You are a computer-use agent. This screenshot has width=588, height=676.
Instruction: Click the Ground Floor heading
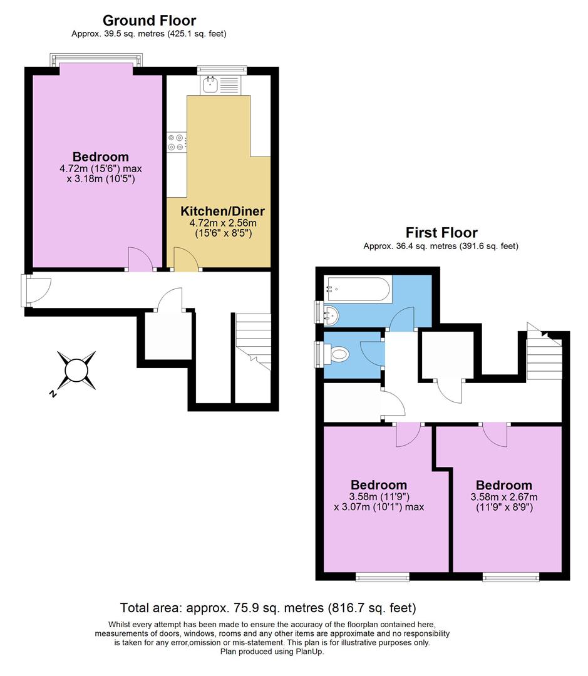click(x=149, y=21)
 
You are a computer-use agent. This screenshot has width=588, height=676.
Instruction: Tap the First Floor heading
click(x=441, y=233)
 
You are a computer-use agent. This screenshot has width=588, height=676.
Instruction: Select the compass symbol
click(x=76, y=371)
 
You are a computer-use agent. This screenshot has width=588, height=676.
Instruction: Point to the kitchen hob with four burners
click(x=176, y=143)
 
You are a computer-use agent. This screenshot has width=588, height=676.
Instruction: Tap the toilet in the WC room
click(x=339, y=355)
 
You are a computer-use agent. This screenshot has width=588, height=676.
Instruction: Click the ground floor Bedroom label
click(x=101, y=156)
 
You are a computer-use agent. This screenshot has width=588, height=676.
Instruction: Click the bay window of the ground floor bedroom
click(x=96, y=60)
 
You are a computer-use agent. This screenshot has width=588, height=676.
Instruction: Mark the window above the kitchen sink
click(x=222, y=69)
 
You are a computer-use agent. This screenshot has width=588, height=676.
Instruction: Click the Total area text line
click(x=268, y=608)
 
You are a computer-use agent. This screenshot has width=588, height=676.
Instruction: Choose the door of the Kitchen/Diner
click(x=187, y=259)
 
